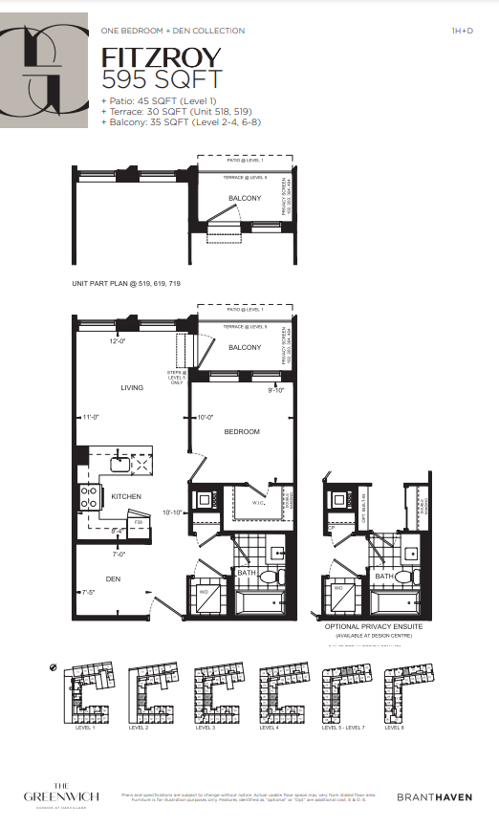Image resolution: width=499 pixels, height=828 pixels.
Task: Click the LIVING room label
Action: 131,387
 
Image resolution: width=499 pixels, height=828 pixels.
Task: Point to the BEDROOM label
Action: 242,432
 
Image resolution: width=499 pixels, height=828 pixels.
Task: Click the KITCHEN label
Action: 126,496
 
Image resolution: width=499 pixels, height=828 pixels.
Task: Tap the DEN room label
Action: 113,579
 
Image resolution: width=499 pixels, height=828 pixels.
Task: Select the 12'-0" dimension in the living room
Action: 118,341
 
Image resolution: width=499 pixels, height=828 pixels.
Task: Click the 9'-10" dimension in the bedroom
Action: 277,389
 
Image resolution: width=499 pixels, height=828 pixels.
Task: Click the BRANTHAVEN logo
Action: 434,796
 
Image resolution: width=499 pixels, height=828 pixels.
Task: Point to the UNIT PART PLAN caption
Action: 126,284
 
